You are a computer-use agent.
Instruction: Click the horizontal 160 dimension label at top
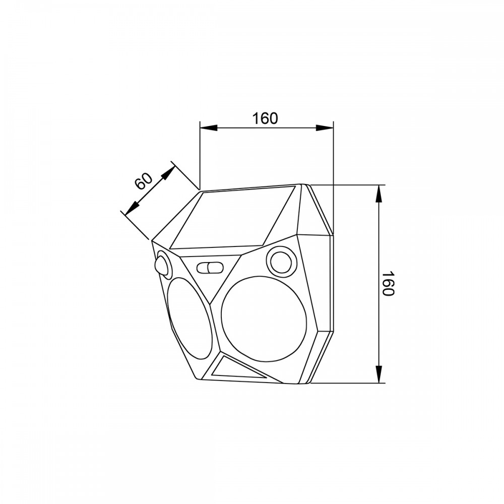pos(265,118)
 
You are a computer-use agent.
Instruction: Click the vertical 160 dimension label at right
pos(388,284)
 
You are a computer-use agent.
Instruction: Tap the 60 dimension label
pos(143,181)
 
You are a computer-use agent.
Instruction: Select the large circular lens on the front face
pos(263,318)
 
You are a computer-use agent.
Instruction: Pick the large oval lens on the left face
pos(190,318)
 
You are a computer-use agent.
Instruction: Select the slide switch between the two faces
pos(210,268)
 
